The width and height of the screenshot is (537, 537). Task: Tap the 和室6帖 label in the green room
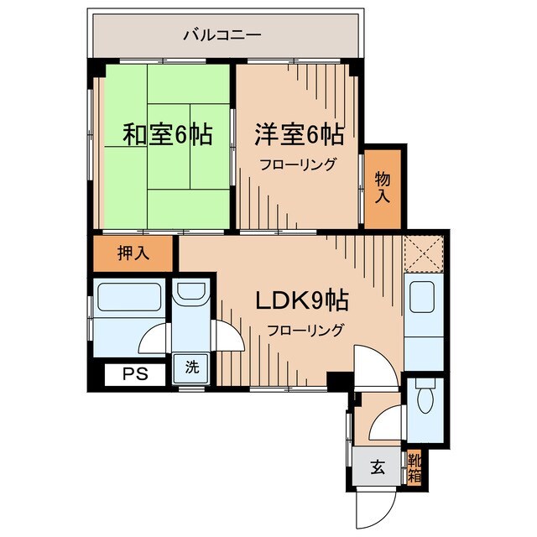click(x=167, y=134)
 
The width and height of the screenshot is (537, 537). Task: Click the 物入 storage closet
click(x=383, y=186)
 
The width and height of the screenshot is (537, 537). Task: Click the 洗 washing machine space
click(x=192, y=367)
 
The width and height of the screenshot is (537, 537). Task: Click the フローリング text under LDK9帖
click(x=305, y=330)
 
